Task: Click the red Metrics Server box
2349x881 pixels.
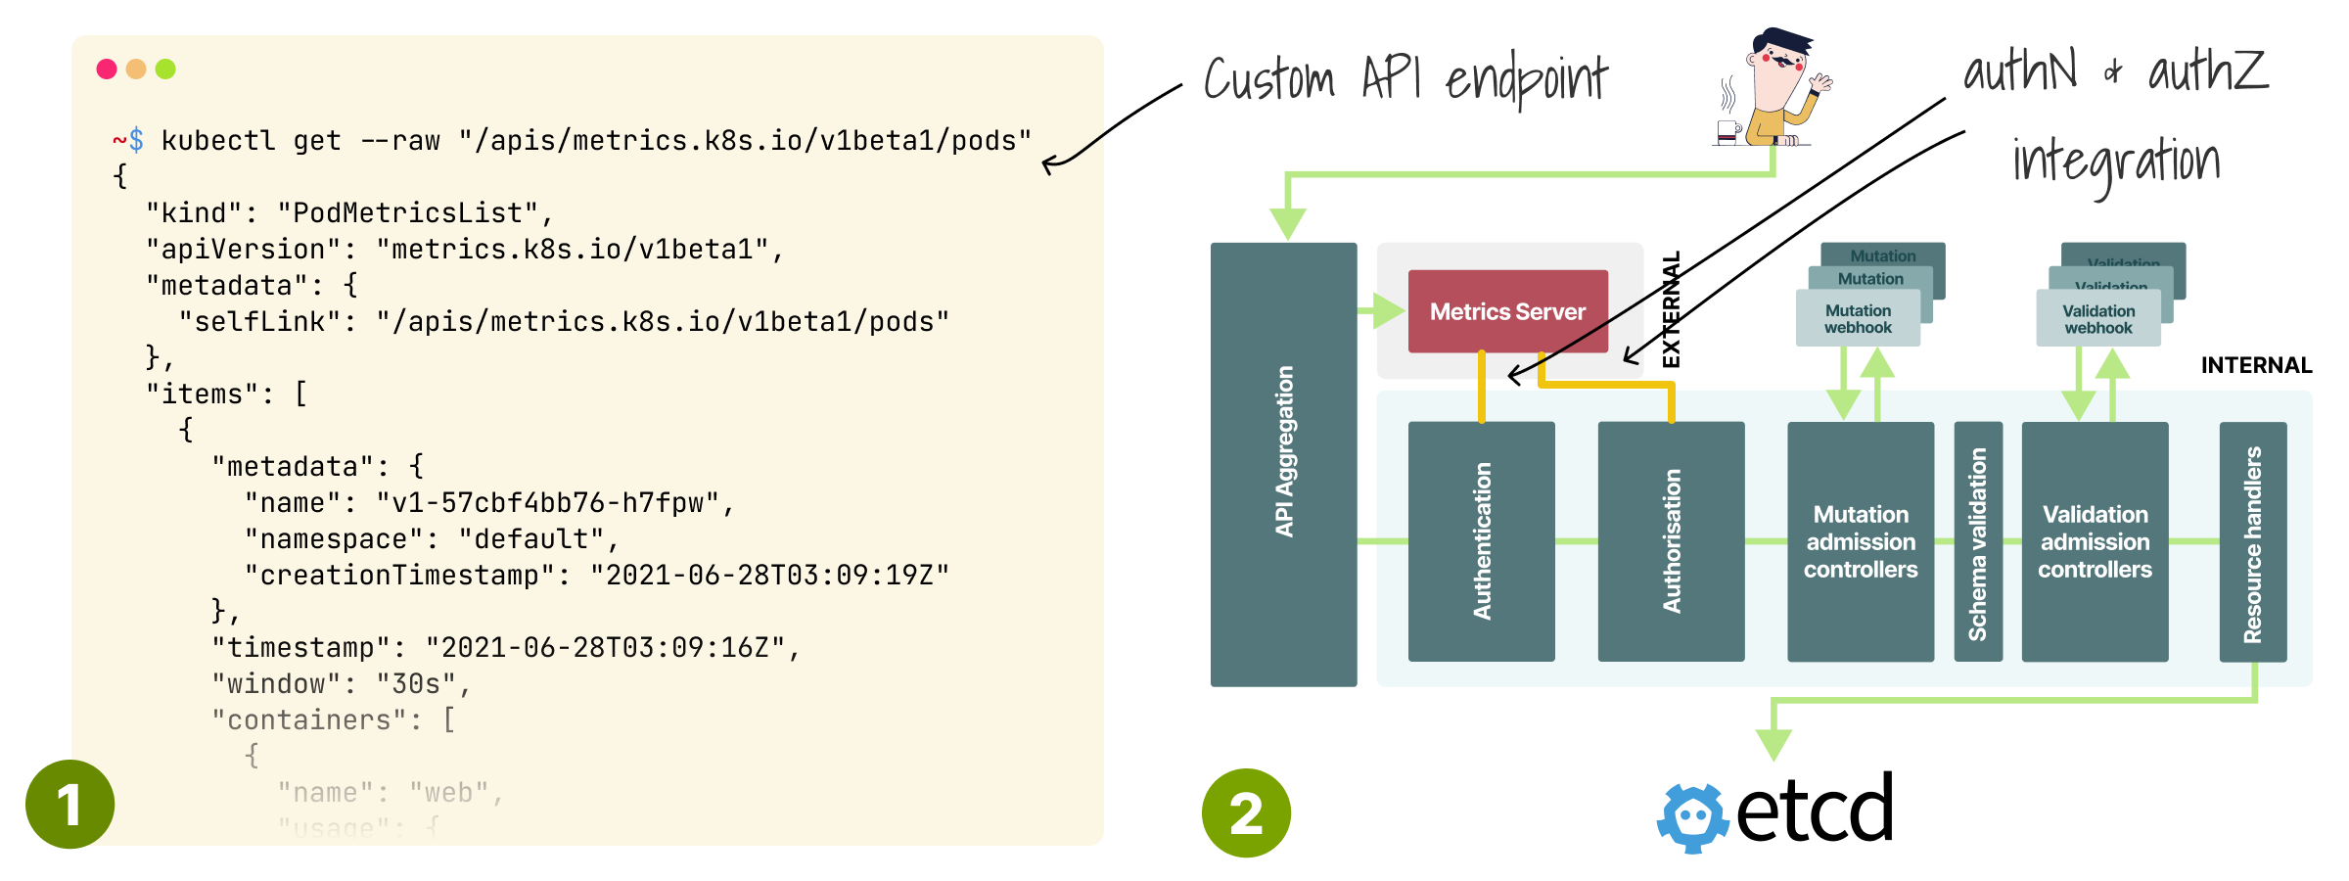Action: pos(1507,311)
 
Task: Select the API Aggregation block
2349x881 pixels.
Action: pos(1283,464)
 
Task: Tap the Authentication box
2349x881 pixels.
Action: pos(1481,541)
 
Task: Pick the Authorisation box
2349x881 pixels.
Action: pos(1671,541)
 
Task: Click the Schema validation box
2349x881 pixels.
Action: pos(1978,541)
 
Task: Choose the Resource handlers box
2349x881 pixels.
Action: pos(2252,541)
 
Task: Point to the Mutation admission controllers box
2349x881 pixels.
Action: pos(1860,541)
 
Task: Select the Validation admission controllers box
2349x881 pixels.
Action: pos(2095,541)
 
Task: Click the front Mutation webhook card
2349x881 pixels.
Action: pos(1858,319)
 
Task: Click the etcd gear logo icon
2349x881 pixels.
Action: pos(1693,817)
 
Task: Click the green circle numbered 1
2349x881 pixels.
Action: pos(69,804)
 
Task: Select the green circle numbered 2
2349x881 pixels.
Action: pos(1246,812)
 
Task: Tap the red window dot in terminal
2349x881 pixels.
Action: pos(107,69)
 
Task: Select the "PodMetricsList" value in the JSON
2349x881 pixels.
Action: pos(407,213)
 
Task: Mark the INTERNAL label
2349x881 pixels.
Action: pos(2256,365)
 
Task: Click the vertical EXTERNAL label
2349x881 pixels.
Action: pos(1672,309)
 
